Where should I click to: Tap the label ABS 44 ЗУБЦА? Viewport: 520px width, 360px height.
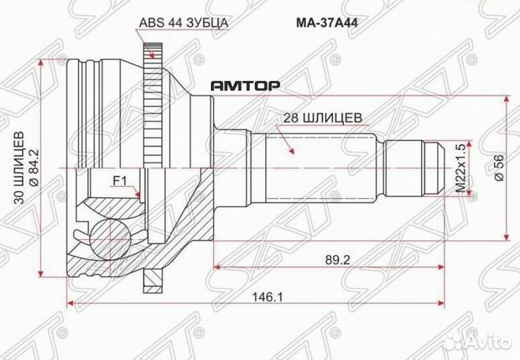click(183, 22)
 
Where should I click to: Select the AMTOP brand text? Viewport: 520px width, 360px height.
click(245, 85)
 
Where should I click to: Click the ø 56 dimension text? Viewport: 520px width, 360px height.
click(498, 168)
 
